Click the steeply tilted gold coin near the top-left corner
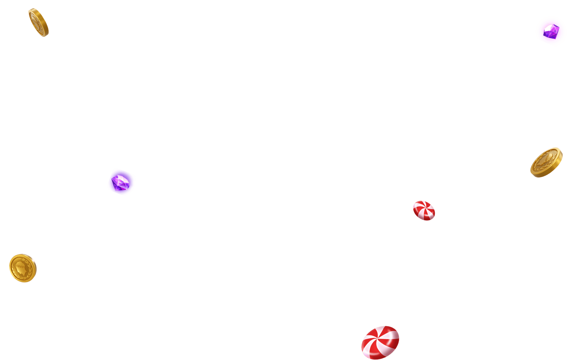click(x=38, y=22)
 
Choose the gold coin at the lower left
click(x=22, y=268)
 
